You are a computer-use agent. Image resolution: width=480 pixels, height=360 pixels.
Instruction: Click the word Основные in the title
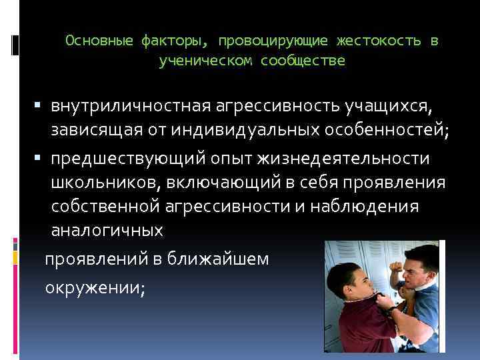pos(100,41)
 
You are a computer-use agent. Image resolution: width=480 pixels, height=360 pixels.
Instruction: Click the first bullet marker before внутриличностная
pos(40,106)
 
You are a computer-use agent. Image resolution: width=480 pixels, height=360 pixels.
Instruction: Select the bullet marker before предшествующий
pos(40,159)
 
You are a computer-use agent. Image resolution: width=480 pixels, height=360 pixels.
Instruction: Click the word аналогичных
pos(107,231)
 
